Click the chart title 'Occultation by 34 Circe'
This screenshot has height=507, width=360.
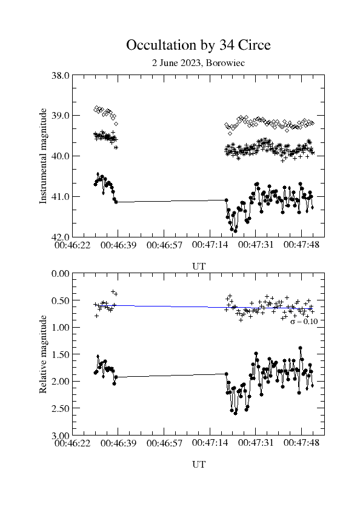point(198,45)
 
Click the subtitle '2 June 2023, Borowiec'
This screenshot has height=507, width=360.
point(198,63)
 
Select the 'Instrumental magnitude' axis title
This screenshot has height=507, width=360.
point(43,156)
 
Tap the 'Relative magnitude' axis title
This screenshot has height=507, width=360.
point(43,354)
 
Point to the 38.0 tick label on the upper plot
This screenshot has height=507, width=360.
point(61,75)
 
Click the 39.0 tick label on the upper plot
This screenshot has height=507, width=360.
point(61,116)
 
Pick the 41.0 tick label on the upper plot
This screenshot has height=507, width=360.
point(61,197)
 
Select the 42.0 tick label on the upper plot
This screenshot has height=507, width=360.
point(61,237)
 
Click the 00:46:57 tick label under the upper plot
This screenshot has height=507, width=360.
point(164,245)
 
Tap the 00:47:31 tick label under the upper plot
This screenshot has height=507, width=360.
point(256,245)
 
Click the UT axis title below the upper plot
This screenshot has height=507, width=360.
point(199,267)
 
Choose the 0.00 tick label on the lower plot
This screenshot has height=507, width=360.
point(61,274)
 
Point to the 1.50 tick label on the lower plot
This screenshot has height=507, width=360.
point(61,354)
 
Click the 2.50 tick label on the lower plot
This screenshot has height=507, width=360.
point(61,408)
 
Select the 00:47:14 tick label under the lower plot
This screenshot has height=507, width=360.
point(210,442)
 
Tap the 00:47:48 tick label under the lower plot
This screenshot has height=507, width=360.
point(301,442)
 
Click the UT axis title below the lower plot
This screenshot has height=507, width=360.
point(199,465)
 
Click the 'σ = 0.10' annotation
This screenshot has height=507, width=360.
point(304,322)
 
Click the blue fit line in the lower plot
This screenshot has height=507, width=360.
point(204,307)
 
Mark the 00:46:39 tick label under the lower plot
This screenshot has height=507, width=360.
point(118,443)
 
